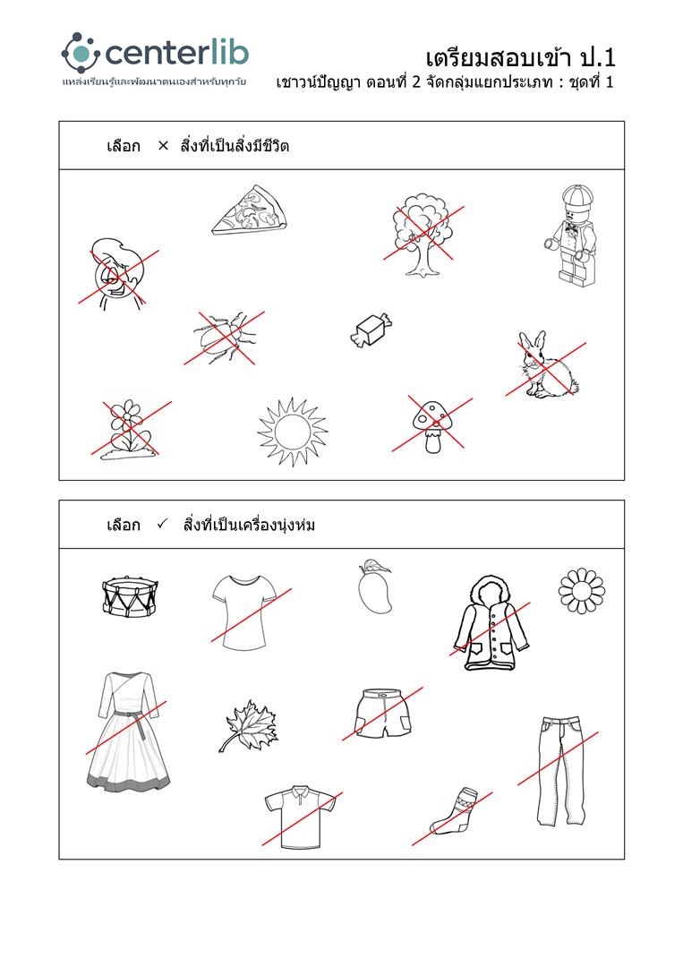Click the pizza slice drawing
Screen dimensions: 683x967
[250, 210]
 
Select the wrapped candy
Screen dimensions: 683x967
[371, 330]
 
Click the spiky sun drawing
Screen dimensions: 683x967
[292, 431]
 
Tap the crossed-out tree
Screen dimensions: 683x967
[423, 235]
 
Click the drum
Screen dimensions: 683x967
[130, 596]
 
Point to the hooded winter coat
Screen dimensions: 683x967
[491, 622]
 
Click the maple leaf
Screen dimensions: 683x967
[249, 726]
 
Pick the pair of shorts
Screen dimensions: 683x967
[383, 713]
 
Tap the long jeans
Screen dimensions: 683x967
[560, 771]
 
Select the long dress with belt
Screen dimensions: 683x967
[128, 732]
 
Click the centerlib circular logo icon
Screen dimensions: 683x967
[81, 53]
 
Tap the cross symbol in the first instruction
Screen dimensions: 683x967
[163, 146]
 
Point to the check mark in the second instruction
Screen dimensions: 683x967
[162, 524]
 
